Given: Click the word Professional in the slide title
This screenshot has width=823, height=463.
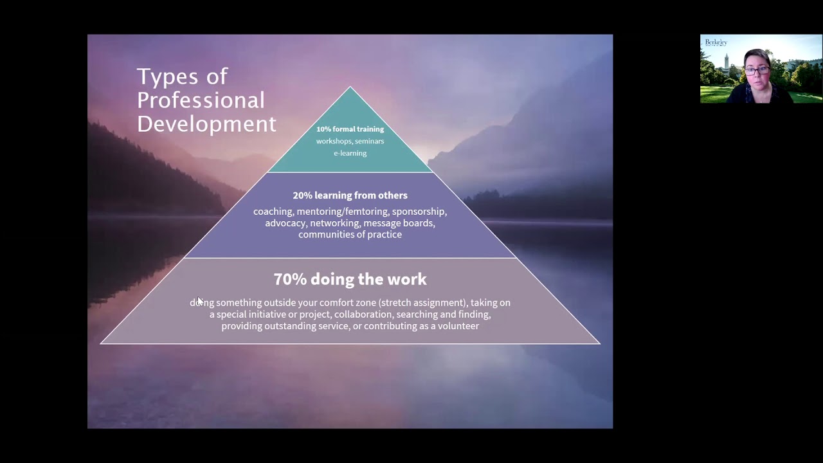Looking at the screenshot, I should (x=201, y=100).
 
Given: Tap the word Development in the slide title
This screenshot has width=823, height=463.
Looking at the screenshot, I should (x=206, y=123).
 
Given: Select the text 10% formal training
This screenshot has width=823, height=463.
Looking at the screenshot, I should (x=350, y=129).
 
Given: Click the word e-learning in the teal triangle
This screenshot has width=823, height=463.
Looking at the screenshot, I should (x=350, y=153).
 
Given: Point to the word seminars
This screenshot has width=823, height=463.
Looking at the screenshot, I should (x=369, y=141).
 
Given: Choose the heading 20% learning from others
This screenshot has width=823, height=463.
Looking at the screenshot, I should (x=350, y=195).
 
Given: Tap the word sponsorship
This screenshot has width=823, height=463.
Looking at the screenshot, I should (x=419, y=212).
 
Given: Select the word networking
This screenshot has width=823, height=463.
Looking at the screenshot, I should (x=334, y=223).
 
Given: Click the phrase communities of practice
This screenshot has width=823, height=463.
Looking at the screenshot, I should (x=350, y=235).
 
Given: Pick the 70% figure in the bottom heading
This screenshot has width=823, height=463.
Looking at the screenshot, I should (x=290, y=279).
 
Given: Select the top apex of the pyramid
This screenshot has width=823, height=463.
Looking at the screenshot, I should (x=350, y=87).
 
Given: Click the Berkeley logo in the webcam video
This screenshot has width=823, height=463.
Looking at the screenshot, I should (x=716, y=42).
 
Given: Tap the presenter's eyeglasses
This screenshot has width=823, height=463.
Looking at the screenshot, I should (x=757, y=70).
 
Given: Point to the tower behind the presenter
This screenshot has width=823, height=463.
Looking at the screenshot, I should (x=726, y=62).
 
